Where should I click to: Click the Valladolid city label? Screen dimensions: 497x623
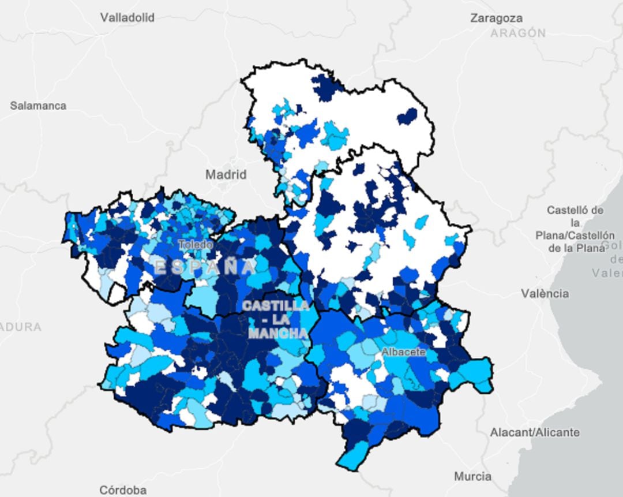pos(127,18)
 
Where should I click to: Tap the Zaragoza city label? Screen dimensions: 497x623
pos(496,18)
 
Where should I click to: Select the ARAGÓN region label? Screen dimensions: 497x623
pos(518,33)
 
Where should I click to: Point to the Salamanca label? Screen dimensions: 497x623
pos(38,106)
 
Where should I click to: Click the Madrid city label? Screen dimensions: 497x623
pos(226,174)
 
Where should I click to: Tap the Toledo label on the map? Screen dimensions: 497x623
pos(195,245)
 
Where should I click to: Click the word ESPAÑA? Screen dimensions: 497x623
pos(205,267)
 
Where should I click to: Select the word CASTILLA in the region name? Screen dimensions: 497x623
pos(276,305)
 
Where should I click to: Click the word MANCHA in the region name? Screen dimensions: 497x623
pos(277,334)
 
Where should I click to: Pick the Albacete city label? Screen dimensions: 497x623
pos(403,352)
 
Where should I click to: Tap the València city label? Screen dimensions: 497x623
pos(545,294)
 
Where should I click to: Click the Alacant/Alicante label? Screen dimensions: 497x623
pos(534,432)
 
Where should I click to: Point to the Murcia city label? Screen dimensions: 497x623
pos(472,476)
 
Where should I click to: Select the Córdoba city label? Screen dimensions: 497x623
pos(122,490)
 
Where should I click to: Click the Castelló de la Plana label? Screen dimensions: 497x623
pos(575,229)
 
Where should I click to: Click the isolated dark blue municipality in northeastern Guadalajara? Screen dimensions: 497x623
pos(407,116)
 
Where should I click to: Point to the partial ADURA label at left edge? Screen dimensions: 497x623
pos(21,327)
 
